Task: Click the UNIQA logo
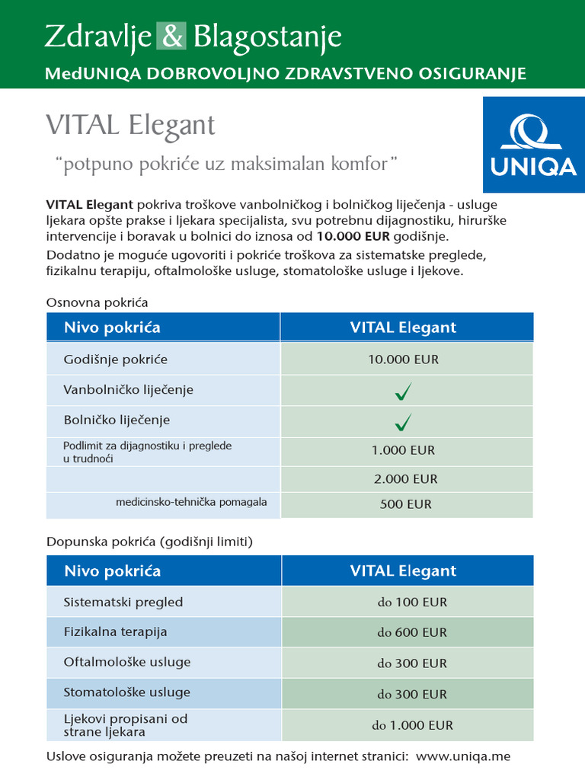click(533, 145)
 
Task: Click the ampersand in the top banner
click(170, 37)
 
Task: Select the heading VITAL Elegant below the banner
click(130, 125)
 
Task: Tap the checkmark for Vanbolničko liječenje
click(404, 392)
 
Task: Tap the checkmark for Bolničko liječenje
click(404, 421)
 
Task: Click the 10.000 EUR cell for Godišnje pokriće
click(404, 360)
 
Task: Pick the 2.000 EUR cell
click(405, 479)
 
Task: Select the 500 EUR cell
click(405, 504)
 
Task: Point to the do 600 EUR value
click(412, 632)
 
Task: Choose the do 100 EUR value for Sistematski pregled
click(412, 602)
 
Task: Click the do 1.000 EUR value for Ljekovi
click(412, 725)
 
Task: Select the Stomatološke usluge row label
click(127, 692)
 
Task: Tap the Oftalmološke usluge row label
click(127, 662)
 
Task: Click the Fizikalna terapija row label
click(116, 631)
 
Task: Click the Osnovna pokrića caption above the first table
click(97, 302)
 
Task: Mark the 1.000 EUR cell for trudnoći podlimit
click(403, 450)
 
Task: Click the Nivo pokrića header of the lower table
click(113, 571)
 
